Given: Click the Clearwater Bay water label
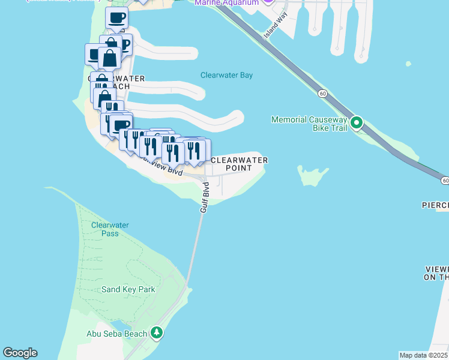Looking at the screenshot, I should pyautogui.click(x=226, y=76).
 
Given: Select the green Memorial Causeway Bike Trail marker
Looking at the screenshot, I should pyautogui.click(x=357, y=124).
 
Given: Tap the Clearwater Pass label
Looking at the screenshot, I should pyautogui.click(x=110, y=229).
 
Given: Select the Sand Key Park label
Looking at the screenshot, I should pyautogui.click(x=128, y=289).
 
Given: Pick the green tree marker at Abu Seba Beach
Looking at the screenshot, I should pyautogui.click(x=157, y=332).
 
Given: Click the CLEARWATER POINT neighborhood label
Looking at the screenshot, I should pyautogui.click(x=239, y=164).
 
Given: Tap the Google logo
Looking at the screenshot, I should pyautogui.click(x=20, y=353).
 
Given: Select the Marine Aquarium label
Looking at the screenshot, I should pyautogui.click(x=227, y=3).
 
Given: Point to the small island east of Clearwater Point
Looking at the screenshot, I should pyautogui.click(x=313, y=176).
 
